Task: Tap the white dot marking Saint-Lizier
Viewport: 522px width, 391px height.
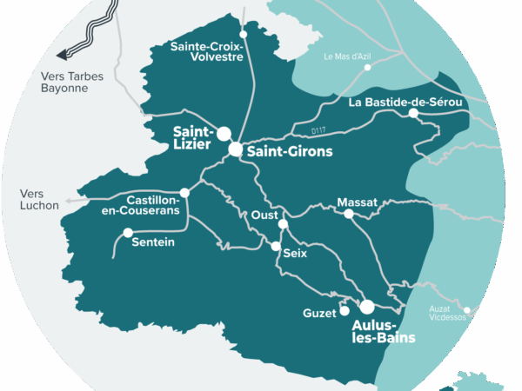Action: [x=224, y=134]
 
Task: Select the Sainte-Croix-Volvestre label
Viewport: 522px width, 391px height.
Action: [x=207, y=53]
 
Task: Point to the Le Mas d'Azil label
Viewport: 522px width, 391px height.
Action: [x=347, y=57]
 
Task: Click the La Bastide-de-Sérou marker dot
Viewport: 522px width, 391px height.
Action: [x=414, y=114]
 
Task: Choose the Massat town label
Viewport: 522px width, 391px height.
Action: [x=358, y=202]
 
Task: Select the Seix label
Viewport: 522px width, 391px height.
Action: [x=296, y=254]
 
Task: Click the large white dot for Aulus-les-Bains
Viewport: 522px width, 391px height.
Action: [x=367, y=307]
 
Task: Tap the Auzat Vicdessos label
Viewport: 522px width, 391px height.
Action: [x=449, y=313]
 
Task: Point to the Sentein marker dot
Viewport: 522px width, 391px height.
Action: [x=128, y=233]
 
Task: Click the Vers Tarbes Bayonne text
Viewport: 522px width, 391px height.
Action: [x=71, y=82]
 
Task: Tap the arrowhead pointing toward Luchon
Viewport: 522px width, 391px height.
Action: [x=65, y=201]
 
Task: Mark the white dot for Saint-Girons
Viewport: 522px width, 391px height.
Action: [x=236, y=149]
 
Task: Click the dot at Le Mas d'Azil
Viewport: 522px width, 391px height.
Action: [x=368, y=67]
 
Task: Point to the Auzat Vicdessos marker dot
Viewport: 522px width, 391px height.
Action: [x=468, y=309]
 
